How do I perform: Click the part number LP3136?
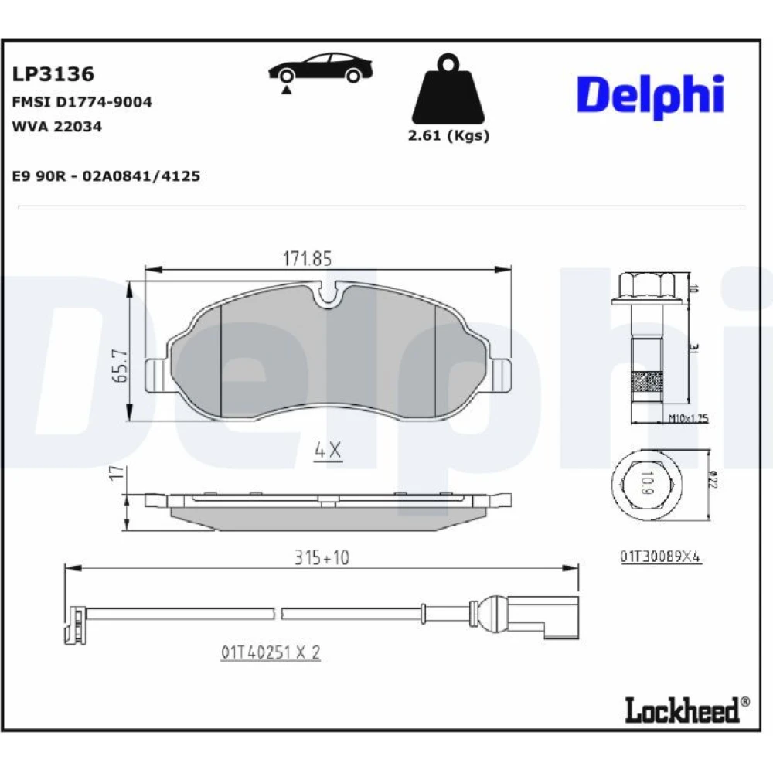tap(53, 74)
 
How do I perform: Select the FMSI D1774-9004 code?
tap(82, 102)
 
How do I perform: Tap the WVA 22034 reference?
tap(56, 126)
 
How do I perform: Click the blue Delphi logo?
tap(650, 96)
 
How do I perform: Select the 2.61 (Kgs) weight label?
tap(448, 135)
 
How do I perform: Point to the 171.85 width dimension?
tap(307, 258)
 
